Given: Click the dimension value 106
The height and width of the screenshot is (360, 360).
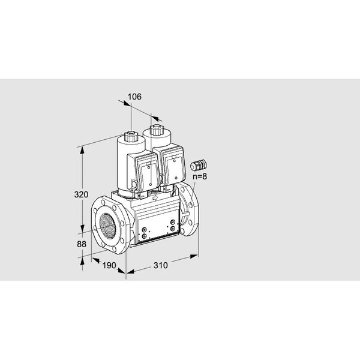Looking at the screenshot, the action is coord(134,97).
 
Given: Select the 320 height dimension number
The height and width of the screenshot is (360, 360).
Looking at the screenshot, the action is coord(81,194).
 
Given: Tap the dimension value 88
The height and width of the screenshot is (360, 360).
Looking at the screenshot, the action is coord(82,244).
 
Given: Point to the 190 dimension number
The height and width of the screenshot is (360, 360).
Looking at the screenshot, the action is coord(109,265).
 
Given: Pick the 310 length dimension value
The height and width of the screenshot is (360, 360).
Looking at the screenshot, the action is coord(161,265).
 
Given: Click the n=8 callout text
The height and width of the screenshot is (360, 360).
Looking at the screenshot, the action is coord(200,176).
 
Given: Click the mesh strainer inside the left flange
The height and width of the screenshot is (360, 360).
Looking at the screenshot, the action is coord(107,225).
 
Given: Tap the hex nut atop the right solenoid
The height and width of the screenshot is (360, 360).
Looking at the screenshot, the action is coord(157,130).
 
